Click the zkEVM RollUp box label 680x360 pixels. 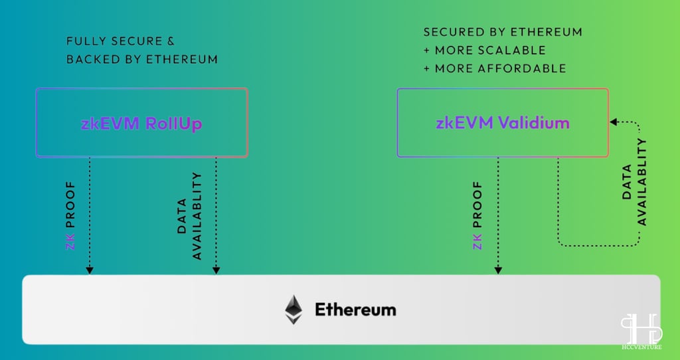(x=141, y=124)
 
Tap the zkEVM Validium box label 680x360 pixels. (x=503, y=123)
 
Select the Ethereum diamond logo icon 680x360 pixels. (x=294, y=310)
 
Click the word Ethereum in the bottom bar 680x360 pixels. (x=355, y=310)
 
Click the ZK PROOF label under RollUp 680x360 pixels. (x=70, y=216)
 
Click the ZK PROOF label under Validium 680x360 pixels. (x=477, y=216)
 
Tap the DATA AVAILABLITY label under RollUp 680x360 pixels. (x=189, y=216)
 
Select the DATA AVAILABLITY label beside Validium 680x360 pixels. (x=634, y=182)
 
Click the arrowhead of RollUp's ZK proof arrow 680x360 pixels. (x=90, y=270)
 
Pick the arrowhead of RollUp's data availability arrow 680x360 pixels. (x=216, y=270)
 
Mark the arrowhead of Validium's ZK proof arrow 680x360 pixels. (x=498, y=270)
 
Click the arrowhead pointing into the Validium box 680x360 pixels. (x=613, y=122)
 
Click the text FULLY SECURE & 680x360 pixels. (x=121, y=41)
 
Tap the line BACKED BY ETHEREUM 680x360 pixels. (x=142, y=59)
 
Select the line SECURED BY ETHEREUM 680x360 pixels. (x=503, y=32)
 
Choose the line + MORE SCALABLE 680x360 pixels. (x=484, y=50)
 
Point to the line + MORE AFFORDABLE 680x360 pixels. (x=495, y=68)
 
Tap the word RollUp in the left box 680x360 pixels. (x=174, y=124)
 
